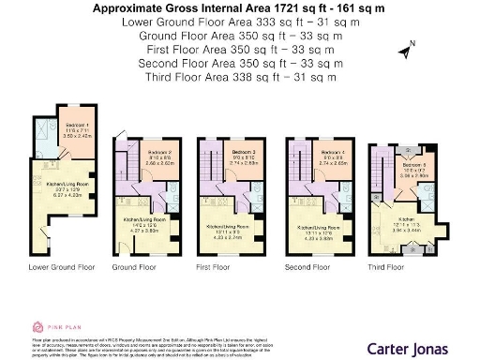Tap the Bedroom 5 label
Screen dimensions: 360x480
pos(415,164)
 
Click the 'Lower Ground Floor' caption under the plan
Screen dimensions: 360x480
pos(62,267)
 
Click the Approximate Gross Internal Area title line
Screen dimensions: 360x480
pos(239,8)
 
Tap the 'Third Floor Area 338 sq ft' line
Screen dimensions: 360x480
pos(239,76)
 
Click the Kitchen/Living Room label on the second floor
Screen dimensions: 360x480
pos(317,227)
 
